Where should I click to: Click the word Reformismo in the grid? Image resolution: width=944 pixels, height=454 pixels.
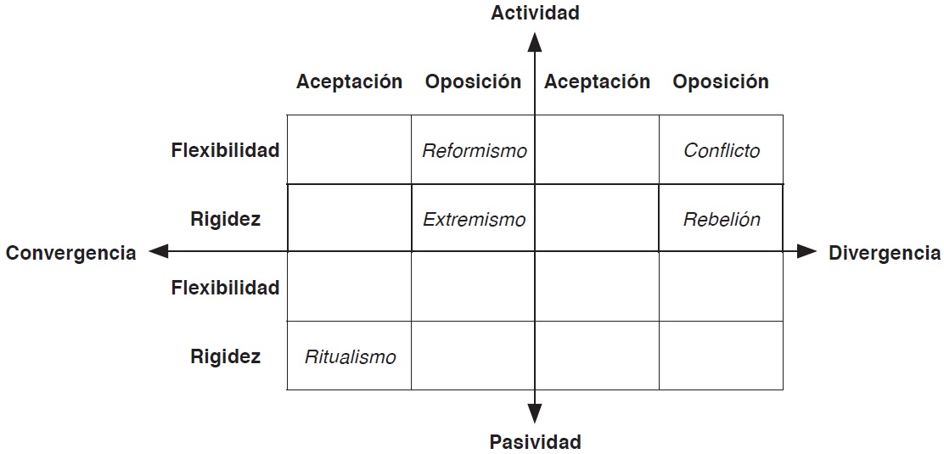(474, 151)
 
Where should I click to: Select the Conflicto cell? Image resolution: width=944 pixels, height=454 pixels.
(722, 151)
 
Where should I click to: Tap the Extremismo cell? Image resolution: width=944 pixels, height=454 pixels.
(474, 220)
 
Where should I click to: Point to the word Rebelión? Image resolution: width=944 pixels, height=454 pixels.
(722, 220)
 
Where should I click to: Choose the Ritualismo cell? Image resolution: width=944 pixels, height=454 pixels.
(350, 356)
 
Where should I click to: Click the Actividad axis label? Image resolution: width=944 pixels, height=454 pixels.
(535, 13)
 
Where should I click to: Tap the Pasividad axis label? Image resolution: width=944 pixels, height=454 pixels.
(535, 442)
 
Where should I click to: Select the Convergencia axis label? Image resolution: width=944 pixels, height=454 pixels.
(71, 253)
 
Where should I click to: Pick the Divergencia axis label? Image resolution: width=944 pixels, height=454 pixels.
(885, 253)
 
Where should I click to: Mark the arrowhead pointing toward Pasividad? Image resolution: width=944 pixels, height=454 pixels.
(535, 413)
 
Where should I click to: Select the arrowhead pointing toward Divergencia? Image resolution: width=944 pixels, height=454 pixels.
(806, 251)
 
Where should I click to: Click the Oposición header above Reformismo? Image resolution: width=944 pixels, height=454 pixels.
(473, 81)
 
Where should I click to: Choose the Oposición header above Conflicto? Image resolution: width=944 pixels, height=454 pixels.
(721, 81)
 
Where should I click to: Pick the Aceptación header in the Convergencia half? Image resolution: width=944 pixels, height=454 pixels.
(349, 81)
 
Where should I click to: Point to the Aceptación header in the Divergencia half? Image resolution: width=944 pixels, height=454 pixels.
(597, 81)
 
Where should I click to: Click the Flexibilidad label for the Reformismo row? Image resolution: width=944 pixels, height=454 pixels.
(225, 151)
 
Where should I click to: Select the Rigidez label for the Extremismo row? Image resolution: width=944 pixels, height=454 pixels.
(225, 220)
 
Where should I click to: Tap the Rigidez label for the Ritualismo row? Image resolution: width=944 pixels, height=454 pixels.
(225, 356)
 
